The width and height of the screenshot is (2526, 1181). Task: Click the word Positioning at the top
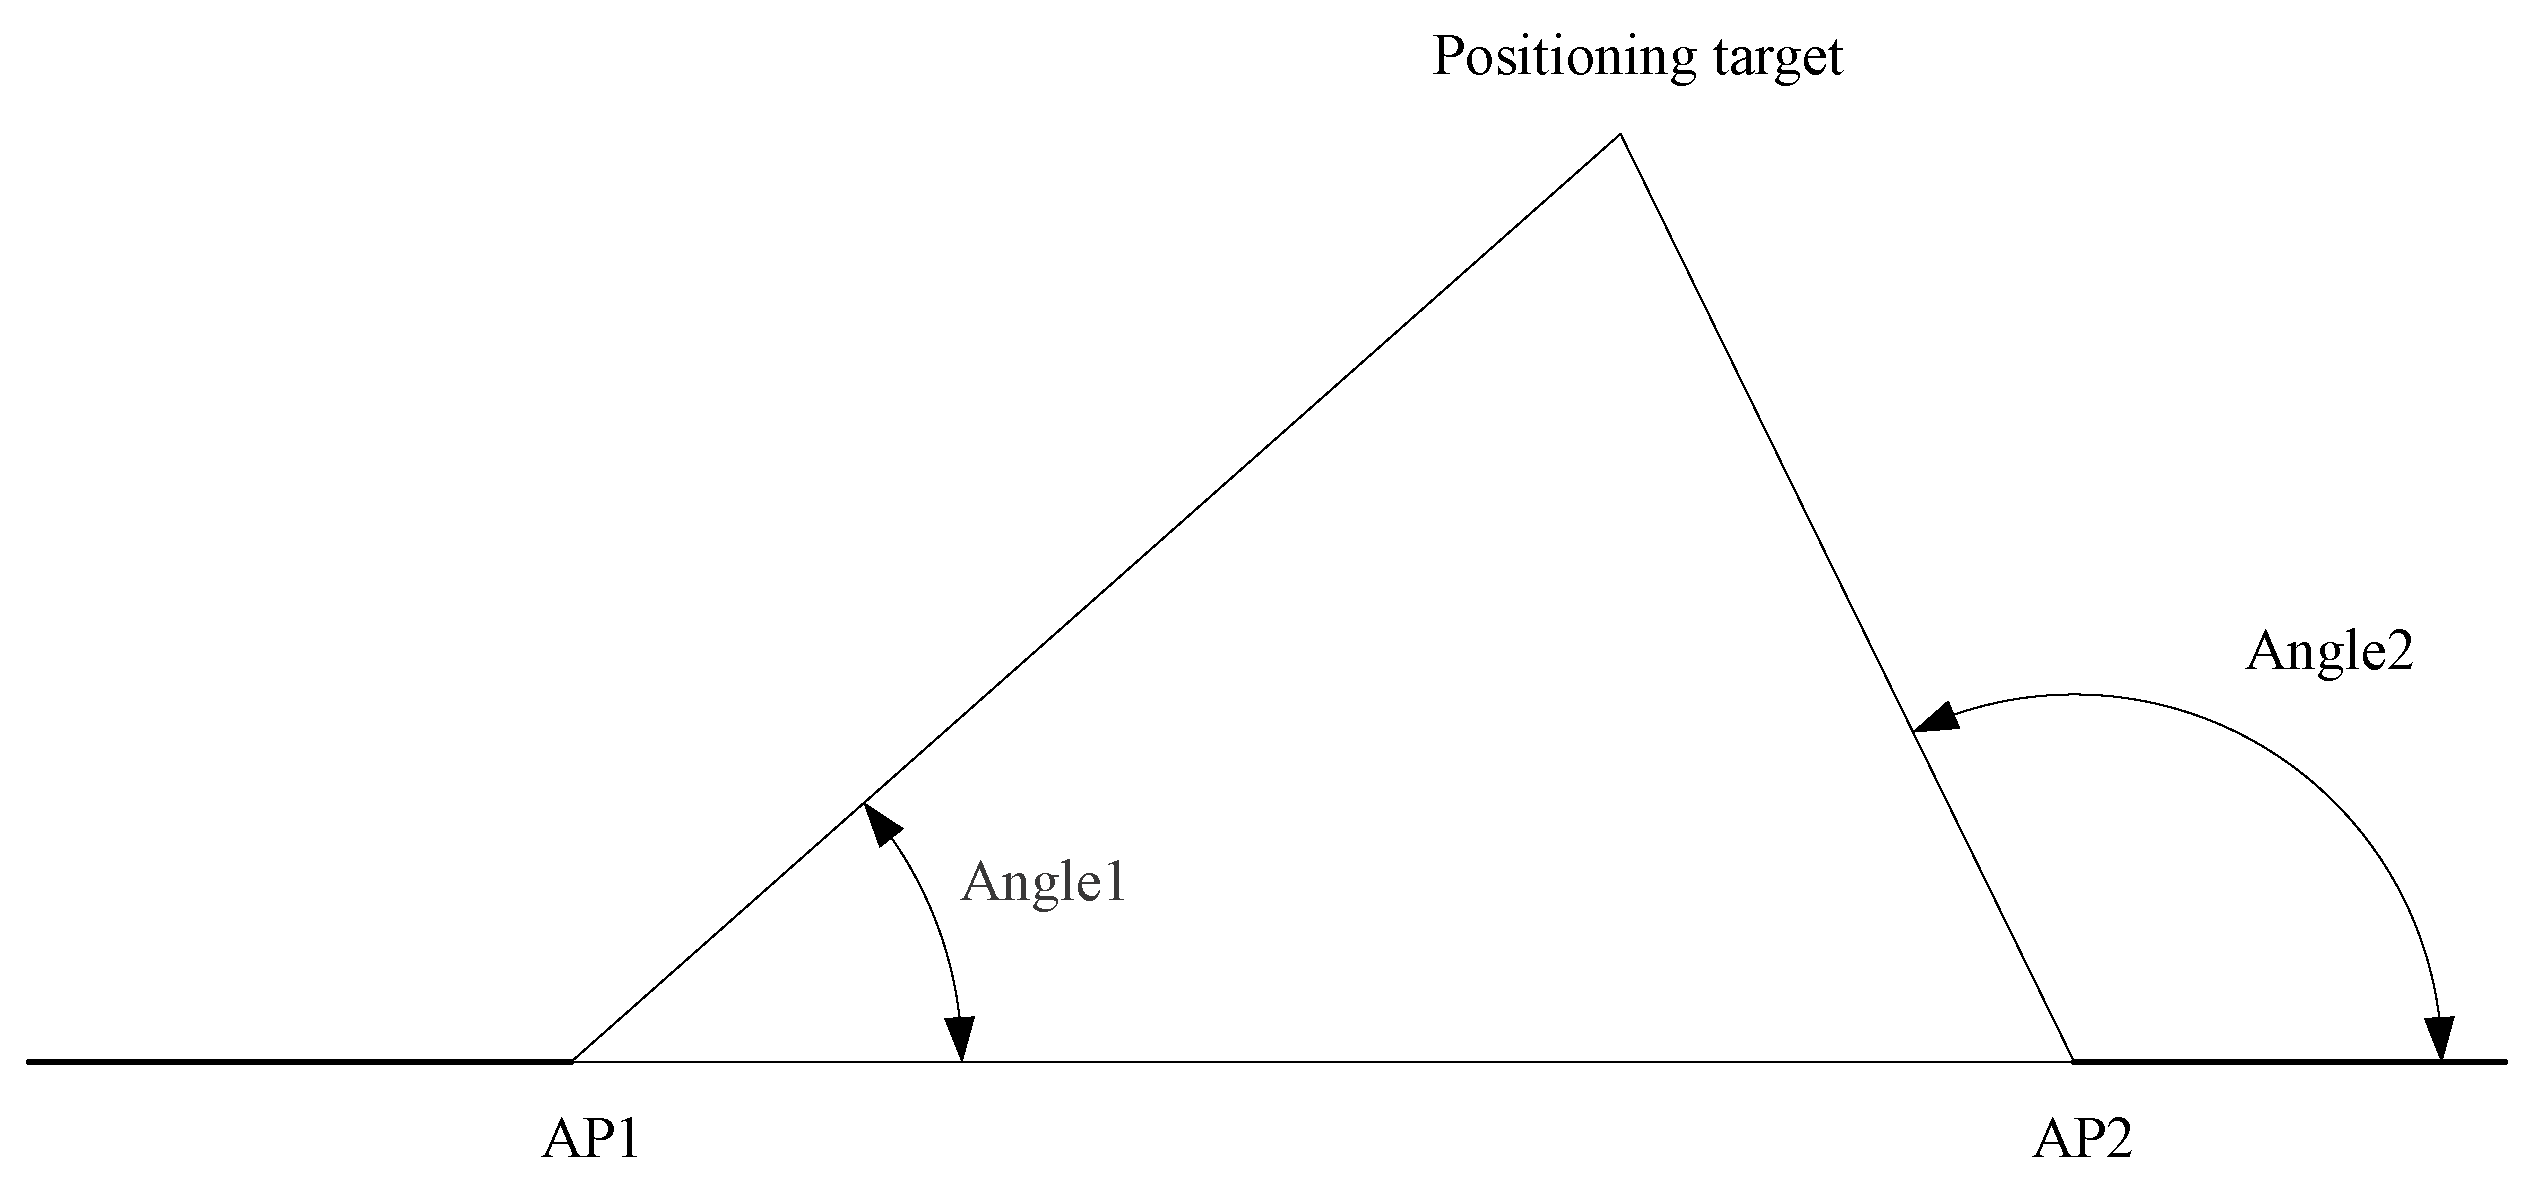click(1564, 57)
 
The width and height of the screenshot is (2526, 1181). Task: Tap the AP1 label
click(590, 1139)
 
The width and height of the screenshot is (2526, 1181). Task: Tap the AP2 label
click(2082, 1139)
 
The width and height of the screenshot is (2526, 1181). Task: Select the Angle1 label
click(1043, 883)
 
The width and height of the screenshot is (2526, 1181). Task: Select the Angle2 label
click(2329, 653)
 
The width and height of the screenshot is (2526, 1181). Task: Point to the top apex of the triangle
click(1619, 135)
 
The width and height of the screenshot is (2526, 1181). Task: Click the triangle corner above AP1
click(572, 1060)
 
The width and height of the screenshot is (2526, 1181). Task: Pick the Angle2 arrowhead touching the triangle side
click(1934, 718)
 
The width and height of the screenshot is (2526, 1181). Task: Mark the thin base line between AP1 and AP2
click(1400, 1061)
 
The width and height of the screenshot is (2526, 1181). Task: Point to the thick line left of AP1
click(300, 1061)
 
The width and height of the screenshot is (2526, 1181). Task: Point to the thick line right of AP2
click(2300, 1061)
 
